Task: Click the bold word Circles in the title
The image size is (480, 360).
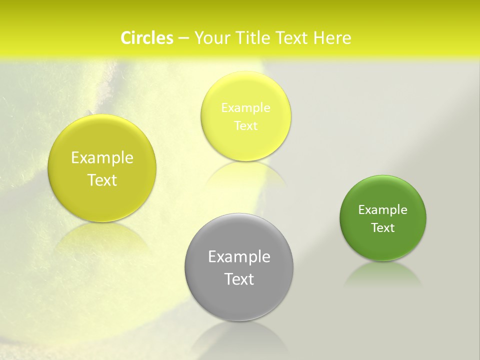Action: tap(146, 38)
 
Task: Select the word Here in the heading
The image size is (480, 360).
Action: tap(332, 38)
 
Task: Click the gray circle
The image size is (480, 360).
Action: tap(239, 295)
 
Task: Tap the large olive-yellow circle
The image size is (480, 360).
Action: tap(102, 202)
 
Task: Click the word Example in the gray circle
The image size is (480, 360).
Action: tap(239, 257)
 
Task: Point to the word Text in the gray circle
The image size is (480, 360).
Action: tap(239, 279)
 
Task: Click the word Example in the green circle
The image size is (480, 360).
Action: tap(383, 210)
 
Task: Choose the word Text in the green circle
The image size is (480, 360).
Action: tap(383, 228)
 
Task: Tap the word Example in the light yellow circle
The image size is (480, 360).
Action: tap(245, 108)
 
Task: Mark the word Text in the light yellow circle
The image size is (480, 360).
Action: tap(245, 126)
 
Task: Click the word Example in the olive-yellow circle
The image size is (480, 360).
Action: tap(102, 158)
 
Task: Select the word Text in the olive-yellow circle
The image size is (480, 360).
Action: tap(102, 180)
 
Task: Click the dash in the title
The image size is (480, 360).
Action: tap(183, 38)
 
